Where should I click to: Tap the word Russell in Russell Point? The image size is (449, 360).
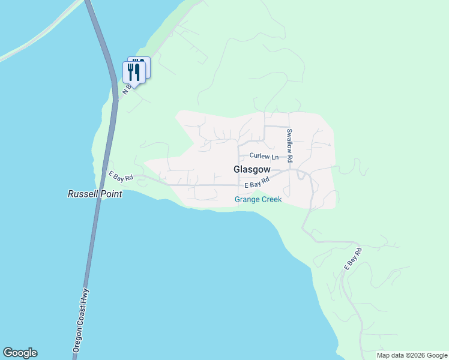[83, 194]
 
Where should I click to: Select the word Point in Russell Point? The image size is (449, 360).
[111, 194]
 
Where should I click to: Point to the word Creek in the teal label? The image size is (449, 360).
[271, 199]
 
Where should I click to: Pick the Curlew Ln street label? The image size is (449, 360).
[264, 156]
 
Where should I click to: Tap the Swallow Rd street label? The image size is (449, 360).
[289, 146]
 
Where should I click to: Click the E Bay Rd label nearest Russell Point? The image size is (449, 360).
[119, 176]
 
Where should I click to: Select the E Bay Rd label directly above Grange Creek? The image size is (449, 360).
[257, 182]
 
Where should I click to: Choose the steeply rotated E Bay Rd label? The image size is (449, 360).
[352, 259]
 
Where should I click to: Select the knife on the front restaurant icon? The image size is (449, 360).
[137, 72]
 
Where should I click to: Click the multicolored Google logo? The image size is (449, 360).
[20, 353]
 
